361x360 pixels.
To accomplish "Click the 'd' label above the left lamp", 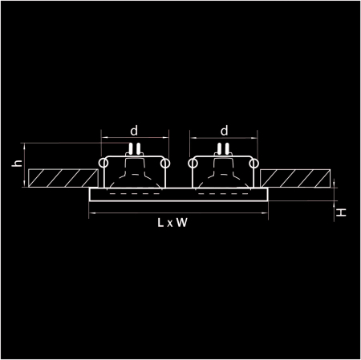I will pyautogui.click(x=134, y=130).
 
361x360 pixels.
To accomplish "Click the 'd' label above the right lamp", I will pyautogui.click(x=224, y=130).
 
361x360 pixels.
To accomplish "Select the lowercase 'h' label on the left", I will pyautogui.click(x=16, y=164).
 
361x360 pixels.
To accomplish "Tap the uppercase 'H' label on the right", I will pyautogui.click(x=341, y=212).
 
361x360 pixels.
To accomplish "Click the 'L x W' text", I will pyautogui.click(x=173, y=224).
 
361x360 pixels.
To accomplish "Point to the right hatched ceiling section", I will pyautogui.click(x=294, y=178).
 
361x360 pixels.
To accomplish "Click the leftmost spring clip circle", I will pyautogui.click(x=103, y=164).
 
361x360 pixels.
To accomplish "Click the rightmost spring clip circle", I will pyautogui.click(x=255, y=164).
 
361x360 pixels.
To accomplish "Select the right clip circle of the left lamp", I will pyautogui.click(x=164, y=164).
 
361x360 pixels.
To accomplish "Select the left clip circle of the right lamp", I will pyautogui.click(x=193, y=164).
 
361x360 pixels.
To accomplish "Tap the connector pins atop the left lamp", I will pyautogui.click(x=134, y=148).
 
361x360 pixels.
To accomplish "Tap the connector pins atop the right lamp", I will pyautogui.click(x=225, y=148).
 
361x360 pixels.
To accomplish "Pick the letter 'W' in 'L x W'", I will pyautogui.click(x=183, y=224).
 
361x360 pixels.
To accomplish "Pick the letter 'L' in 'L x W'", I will pyautogui.click(x=161, y=224).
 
